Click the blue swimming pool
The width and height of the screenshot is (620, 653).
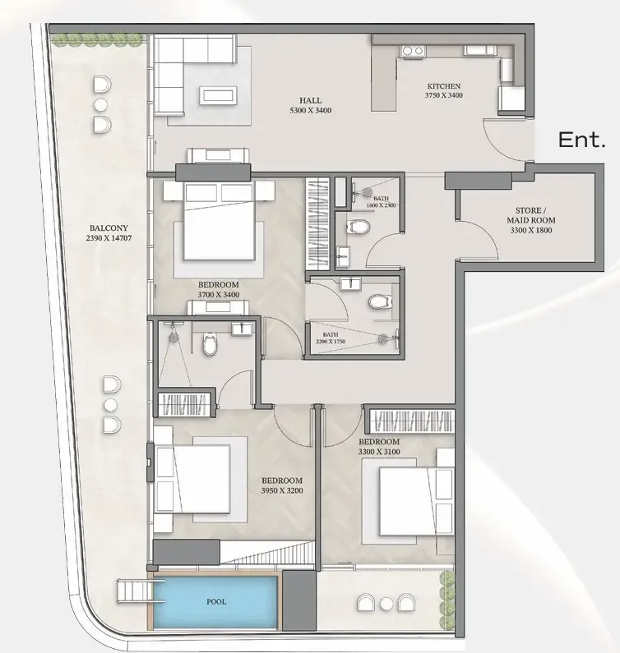pyautogui.click(x=215, y=602)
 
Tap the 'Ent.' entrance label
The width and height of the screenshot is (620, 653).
pyautogui.click(x=581, y=140)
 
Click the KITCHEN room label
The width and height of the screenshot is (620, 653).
pyautogui.click(x=444, y=86)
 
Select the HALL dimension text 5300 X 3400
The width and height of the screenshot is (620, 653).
pyautogui.click(x=310, y=110)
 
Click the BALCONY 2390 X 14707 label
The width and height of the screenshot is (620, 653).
pyautogui.click(x=109, y=233)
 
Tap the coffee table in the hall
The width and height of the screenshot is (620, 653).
pyautogui.click(x=219, y=96)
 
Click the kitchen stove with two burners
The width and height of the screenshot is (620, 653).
pyautogui.click(x=412, y=51)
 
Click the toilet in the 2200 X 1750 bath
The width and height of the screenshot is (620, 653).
pyautogui.click(x=379, y=301)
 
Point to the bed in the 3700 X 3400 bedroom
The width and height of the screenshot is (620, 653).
pyautogui.click(x=220, y=221)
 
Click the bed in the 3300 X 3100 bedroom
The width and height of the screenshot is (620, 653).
pyautogui.click(x=416, y=501)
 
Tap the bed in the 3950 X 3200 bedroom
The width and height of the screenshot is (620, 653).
pyautogui.click(x=192, y=479)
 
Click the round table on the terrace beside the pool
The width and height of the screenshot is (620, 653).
pyautogui.click(x=386, y=604)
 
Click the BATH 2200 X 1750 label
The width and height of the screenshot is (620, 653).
pyautogui.click(x=331, y=338)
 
